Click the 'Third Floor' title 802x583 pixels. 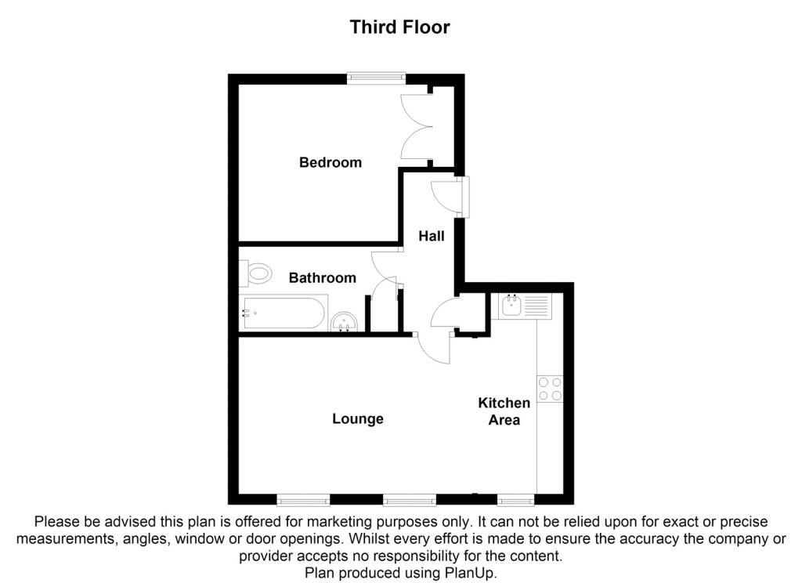(399, 27)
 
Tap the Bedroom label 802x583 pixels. (331, 163)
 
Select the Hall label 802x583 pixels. (431, 235)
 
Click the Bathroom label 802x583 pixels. (322, 277)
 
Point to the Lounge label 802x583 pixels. (358, 418)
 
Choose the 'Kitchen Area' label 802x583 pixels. (504, 411)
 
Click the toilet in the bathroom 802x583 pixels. (256, 274)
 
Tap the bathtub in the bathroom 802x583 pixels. (283, 314)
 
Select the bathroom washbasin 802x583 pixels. (345, 322)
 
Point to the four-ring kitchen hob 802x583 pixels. (550, 389)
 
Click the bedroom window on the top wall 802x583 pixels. (377, 77)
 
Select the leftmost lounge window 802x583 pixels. (303, 499)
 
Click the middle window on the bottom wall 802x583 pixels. (409, 499)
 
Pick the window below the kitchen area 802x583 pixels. (516, 499)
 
